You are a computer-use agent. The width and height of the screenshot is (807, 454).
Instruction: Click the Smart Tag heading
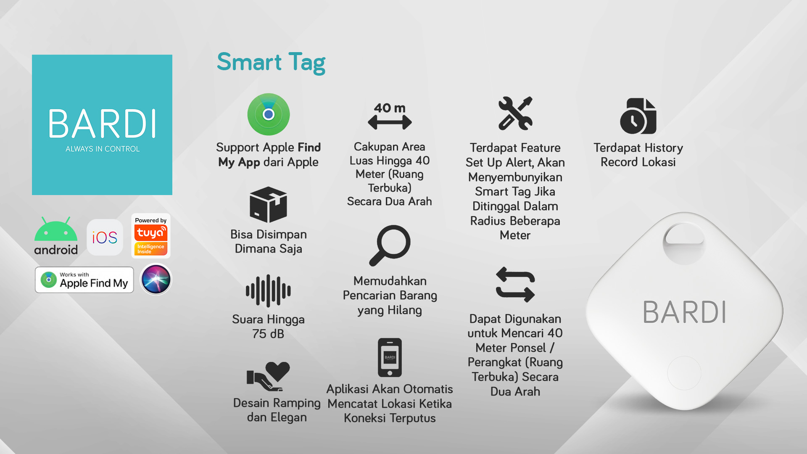[x=271, y=62]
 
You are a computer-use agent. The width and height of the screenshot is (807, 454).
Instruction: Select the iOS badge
[x=105, y=238]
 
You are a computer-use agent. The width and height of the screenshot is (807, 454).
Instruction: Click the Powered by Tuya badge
[x=151, y=236]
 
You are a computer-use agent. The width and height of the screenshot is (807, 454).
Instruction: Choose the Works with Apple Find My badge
[x=84, y=280]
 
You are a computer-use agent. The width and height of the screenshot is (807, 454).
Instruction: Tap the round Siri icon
[x=156, y=280]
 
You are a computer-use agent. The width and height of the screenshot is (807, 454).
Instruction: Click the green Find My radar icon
[x=269, y=114]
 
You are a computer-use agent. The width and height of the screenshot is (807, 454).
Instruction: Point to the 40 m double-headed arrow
[x=390, y=122]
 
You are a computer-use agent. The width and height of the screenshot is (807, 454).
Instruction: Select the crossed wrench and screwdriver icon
[x=515, y=113]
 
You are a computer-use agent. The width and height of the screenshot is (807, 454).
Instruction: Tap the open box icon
[x=268, y=204]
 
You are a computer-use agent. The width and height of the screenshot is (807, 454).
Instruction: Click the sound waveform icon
[x=268, y=290]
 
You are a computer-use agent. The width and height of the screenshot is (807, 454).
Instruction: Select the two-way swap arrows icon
[x=515, y=285]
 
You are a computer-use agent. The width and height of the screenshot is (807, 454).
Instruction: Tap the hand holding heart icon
[x=268, y=376]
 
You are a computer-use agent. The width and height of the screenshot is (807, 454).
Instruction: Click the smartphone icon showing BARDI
[x=390, y=357]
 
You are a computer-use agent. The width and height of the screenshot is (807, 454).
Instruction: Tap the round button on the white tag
[x=684, y=373]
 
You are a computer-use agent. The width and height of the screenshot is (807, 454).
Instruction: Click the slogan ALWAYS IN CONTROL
[x=103, y=149]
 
